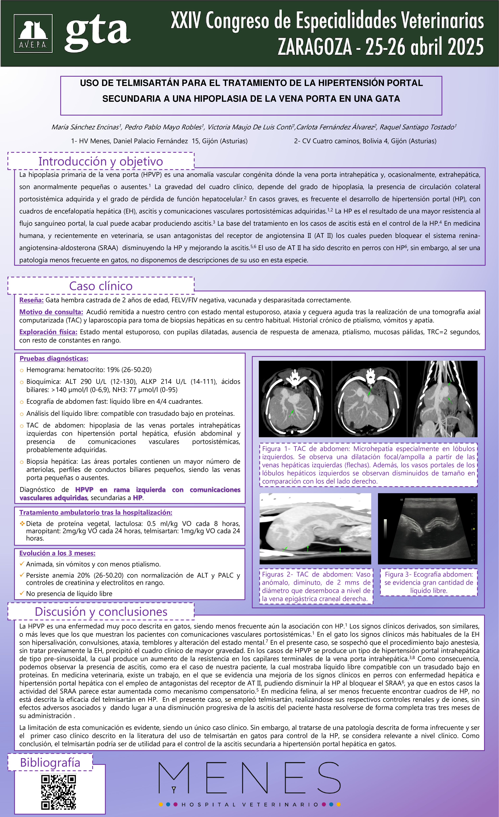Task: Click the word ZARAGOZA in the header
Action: pyautogui.click(x=314, y=47)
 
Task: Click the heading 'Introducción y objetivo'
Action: pyautogui.click(x=101, y=161)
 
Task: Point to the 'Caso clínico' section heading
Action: pyautogui.click(x=101, y=286)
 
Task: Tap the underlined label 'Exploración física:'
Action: pyautogui.click(x=48, y=332)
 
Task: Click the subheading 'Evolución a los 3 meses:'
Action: pyautogui.click(x=57, y=553)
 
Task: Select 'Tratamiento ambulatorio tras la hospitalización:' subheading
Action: pyautogui.click(x=96, y=512)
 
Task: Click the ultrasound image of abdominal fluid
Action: pyautogui.click(x=427, y=528)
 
